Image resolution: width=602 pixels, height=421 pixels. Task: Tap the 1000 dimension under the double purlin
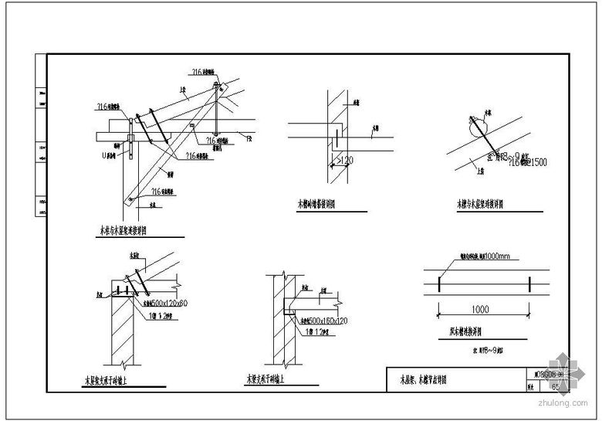coord(479,310)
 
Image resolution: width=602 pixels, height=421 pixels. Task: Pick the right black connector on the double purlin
coord(529,284)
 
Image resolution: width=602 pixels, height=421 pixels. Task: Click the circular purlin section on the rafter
coord(478,121)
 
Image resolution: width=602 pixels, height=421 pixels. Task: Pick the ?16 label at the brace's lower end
coord(161,192)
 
